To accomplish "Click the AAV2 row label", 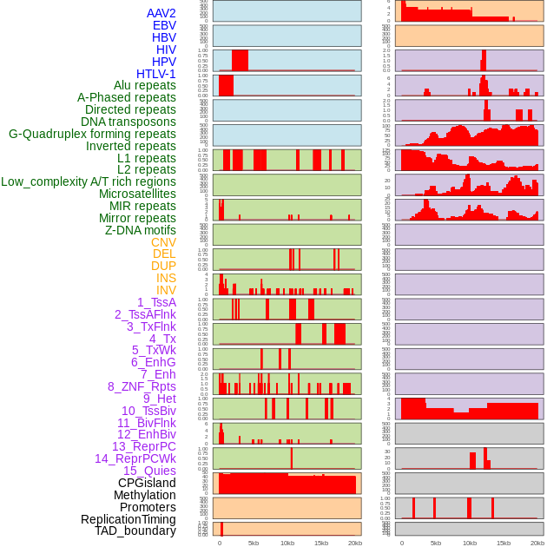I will [161, 13].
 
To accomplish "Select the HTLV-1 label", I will [155, 74].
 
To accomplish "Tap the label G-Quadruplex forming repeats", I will [92, 134].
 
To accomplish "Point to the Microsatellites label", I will [137, 194].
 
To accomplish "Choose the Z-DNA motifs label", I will [140, 230].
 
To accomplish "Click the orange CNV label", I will [163, 242].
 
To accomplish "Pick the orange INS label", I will [166, 278].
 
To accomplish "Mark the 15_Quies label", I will [149, 471].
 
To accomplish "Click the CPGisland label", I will [147, 483].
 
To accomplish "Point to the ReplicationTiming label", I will [128, 519].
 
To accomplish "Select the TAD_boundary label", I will [135, 531].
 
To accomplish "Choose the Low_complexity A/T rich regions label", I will [89, 181].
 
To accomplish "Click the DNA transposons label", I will [129, 122].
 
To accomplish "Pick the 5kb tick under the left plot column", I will [254, 543].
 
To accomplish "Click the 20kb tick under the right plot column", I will [537, 543].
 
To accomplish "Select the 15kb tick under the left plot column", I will [321, 543].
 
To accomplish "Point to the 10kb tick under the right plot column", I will [470, 543].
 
